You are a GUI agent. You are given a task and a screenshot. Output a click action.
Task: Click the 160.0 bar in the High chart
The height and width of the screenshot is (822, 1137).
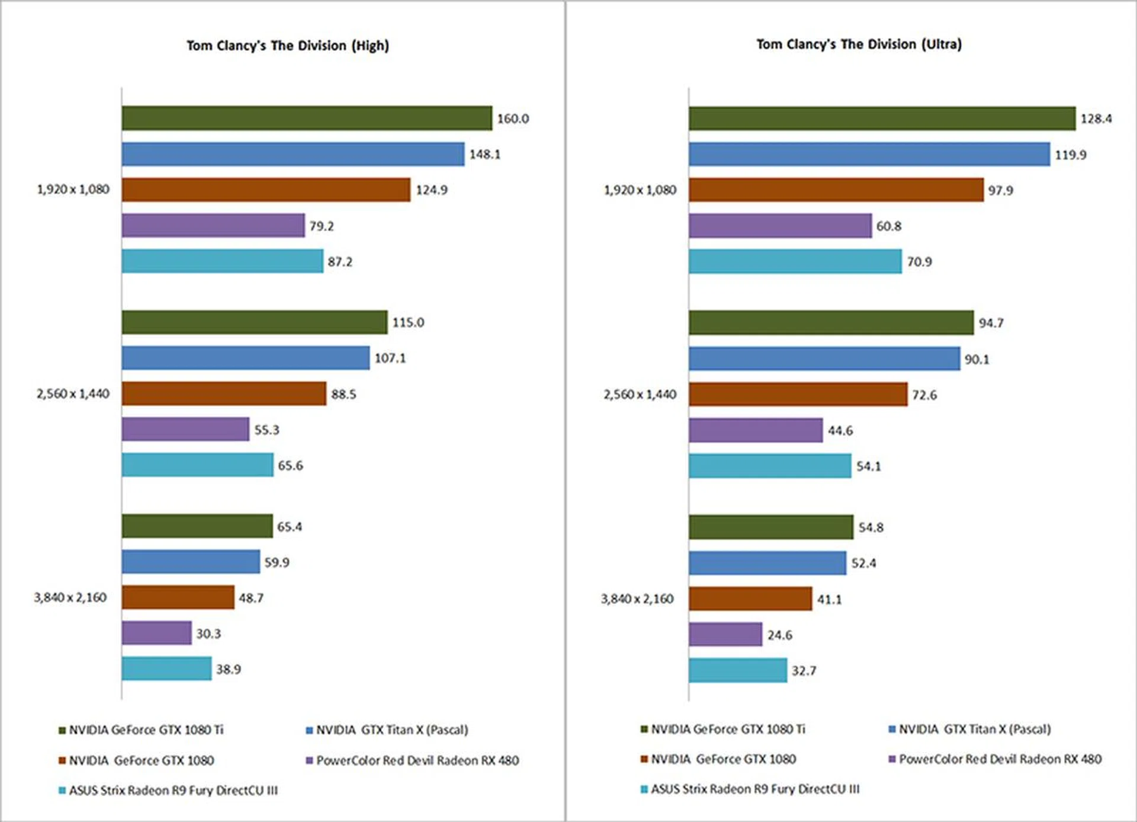[x=307, y=118]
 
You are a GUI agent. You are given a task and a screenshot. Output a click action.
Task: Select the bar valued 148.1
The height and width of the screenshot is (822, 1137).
[x=293, y=154]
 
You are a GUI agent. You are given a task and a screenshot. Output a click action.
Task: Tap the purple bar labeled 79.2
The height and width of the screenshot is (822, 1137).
[x=213, y=226]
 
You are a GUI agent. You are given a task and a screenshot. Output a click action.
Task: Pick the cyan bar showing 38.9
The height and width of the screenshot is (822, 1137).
[x=166, y=669]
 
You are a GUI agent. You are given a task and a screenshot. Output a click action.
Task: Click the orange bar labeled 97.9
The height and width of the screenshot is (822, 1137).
[x=836, y=190]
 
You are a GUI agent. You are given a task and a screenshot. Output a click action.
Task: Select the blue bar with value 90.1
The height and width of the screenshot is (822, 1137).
[x=824, y=359]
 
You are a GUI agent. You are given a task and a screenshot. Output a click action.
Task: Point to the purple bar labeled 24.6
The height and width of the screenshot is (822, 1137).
[x=725, y=635]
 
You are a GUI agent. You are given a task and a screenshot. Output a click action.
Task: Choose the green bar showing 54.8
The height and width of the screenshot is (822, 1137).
[x=770, y=527]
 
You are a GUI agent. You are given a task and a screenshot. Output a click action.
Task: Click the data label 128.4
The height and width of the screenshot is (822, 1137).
[x=1096, y=119]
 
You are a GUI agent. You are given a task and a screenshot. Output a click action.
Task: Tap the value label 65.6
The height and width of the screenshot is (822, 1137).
[x=290, y=466]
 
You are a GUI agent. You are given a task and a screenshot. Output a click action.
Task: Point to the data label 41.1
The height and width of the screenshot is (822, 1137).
[x=829, y=600]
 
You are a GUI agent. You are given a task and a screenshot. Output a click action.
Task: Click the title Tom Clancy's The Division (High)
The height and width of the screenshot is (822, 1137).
[x=288, y=46]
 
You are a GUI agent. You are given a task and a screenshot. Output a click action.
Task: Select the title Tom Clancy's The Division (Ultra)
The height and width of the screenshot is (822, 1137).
[x=859, y=44]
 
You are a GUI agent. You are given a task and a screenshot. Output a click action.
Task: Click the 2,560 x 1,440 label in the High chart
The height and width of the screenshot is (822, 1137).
[x=73, y=394]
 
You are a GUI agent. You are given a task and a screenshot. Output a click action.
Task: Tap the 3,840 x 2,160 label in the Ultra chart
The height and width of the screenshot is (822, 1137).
[x=637, y=599]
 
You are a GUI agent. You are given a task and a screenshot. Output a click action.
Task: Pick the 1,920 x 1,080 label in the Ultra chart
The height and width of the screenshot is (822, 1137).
[x=640, y=190]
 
